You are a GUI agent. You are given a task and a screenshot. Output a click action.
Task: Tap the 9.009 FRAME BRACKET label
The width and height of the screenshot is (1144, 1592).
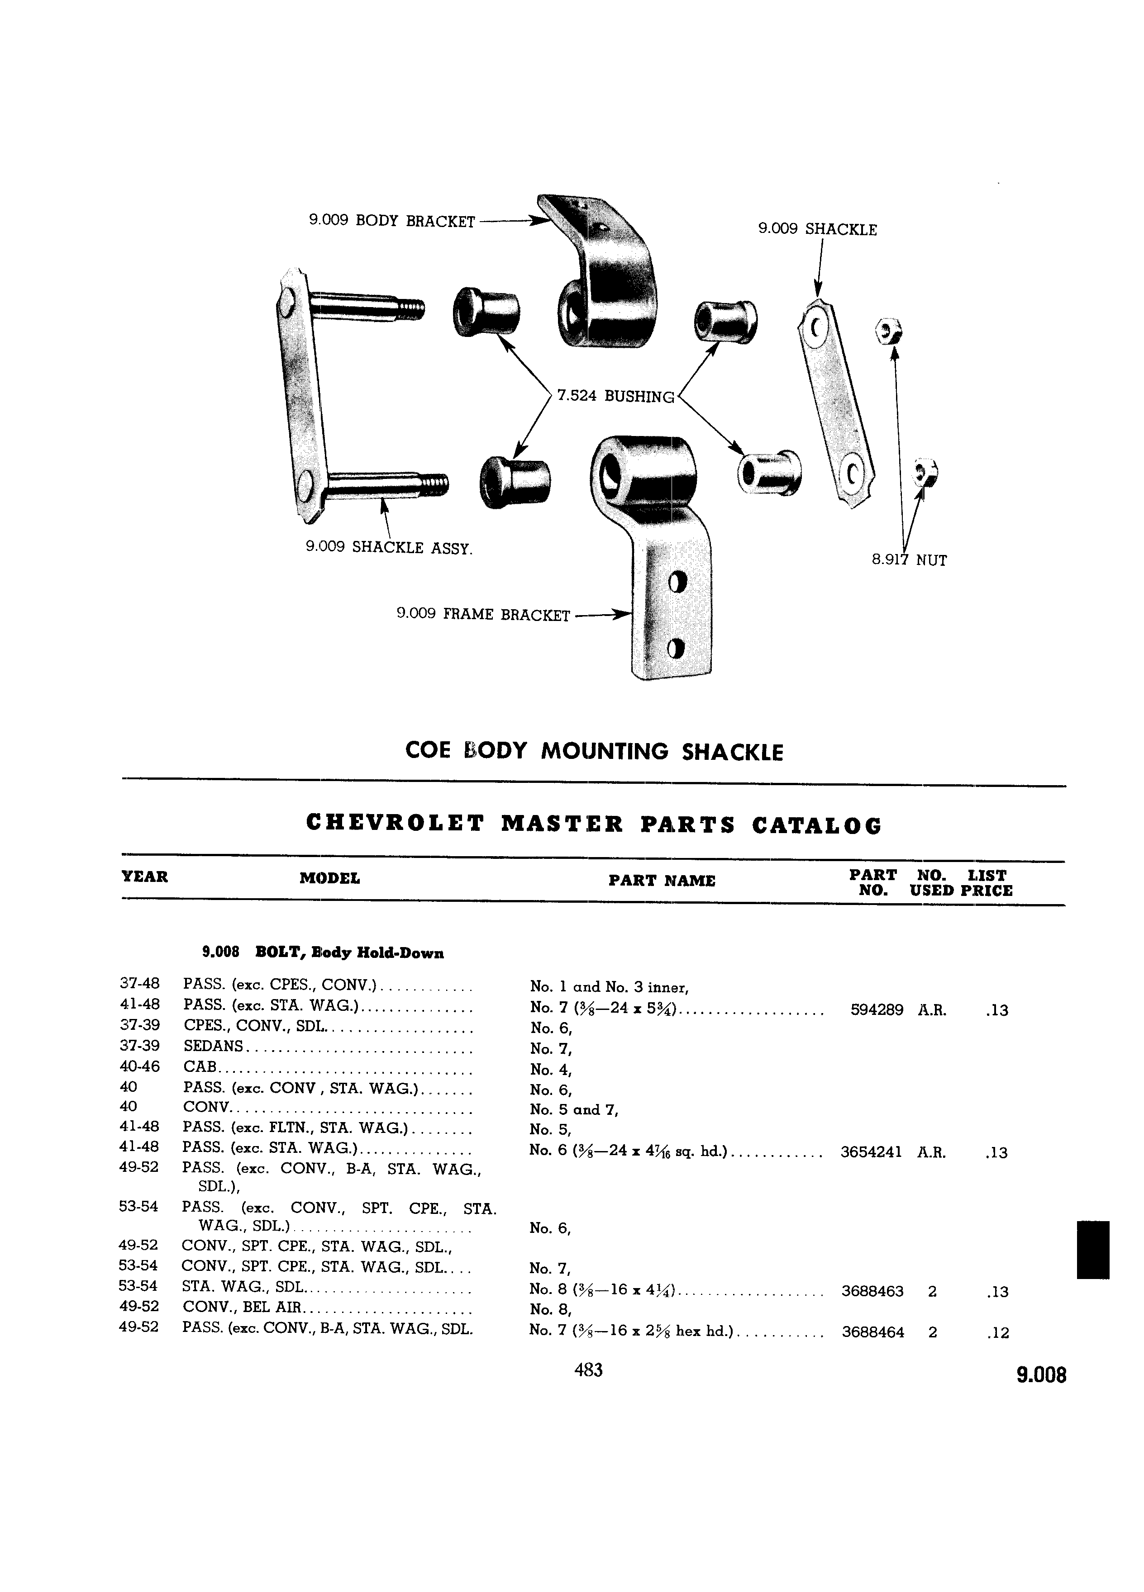[483, 615]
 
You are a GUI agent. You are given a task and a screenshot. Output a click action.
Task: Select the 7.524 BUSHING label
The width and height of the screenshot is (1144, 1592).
[615, 397]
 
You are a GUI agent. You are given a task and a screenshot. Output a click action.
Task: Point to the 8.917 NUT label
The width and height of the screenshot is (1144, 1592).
[910, 560]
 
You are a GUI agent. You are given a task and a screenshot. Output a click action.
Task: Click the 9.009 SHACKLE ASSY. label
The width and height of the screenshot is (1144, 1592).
[389, 548]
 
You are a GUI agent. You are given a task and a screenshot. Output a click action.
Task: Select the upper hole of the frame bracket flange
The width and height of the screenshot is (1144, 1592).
[677, 583]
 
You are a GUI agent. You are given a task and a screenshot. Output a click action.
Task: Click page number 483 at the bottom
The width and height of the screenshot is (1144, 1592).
[588, 1369]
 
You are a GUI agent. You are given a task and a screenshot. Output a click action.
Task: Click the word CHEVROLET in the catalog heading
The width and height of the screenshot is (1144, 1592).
[396, 824]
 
